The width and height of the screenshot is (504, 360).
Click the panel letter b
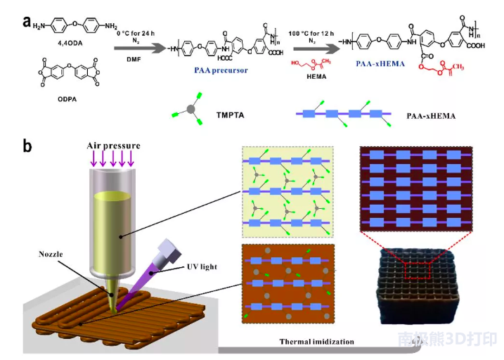pos(27,146)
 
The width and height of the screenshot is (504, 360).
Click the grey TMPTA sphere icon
pos(191,110)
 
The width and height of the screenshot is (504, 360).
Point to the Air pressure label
pos(113,146)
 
